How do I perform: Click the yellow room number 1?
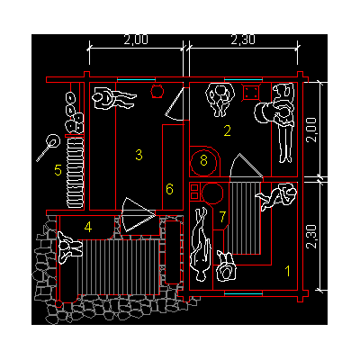click(x=288, y=271)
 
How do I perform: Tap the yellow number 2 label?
click(x=228, y=130)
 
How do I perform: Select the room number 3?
click(x=139, y=155)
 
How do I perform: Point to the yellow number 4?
click(x=88, y=227)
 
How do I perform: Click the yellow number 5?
click(x=58, y=170)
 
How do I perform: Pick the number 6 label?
click(x=169, y=189)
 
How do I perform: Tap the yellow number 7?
click(x=222, y=217)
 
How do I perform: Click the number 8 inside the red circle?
click(x=203, y=160)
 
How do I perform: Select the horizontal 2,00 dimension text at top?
click(x=136, y=40)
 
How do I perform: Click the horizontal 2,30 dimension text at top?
click(x=243, y=40)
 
